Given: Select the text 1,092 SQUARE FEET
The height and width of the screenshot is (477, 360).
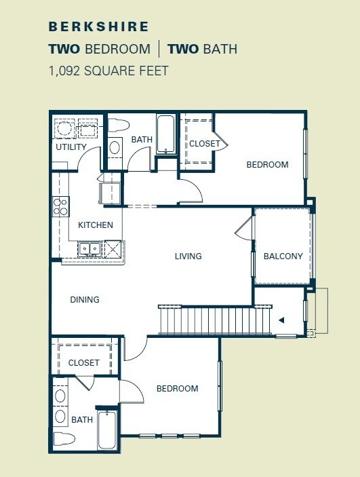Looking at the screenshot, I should [108, 70].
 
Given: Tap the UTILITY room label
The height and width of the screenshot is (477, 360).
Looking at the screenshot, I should [71, 147].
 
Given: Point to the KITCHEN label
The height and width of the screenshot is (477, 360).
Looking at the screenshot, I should [96, 225].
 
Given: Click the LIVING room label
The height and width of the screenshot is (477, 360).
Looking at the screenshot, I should [188, 256].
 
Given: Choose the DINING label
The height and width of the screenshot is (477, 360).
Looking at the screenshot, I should [85, 299].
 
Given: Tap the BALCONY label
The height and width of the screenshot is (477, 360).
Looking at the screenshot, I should [283, 256].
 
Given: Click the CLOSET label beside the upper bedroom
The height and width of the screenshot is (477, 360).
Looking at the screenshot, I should [204, 144].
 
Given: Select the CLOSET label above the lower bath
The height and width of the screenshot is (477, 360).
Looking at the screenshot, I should [84, 363].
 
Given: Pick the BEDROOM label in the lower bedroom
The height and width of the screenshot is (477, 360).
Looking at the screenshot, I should [177, 389].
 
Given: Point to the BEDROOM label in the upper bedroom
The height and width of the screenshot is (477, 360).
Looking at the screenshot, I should [267, 165].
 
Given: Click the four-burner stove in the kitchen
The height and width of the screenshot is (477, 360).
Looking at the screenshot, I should [60, 206].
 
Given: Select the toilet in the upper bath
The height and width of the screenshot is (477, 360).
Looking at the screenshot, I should [118, 124].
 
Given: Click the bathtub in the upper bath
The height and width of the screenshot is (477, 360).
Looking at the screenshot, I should [165, 134].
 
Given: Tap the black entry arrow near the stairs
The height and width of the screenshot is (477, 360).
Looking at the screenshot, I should [281, 320].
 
